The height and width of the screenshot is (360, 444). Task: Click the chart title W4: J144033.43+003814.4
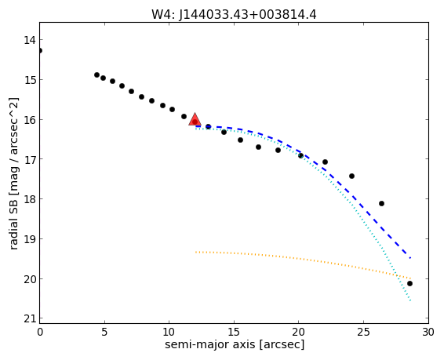(x=234, y=15)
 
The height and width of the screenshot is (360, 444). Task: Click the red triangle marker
(x=195, y=119)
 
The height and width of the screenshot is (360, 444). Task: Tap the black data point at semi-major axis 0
(x=40, y=51)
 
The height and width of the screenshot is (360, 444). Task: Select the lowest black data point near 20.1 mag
(x=409, y=284)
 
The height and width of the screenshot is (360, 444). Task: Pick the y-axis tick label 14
(x=30, y=40)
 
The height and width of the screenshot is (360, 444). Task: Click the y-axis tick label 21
(x=30, y=319)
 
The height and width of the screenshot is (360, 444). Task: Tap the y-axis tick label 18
(x=30, y=199)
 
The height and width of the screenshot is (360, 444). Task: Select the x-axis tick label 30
(x=428, y=333)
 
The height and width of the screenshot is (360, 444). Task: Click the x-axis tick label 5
(x=104, y=333)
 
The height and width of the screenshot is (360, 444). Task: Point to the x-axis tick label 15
(x=234, y=333)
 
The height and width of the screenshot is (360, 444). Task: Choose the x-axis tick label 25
(x=363, y=333)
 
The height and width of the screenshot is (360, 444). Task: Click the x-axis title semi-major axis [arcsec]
(x=235, y=345)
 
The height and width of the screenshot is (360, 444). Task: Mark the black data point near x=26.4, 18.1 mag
(x=381, y=203)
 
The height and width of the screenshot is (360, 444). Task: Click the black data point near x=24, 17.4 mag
(x=351, y=176)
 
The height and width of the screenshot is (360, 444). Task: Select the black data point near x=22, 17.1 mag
(x=325, y=162)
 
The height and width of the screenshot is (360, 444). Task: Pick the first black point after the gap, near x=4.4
(x=96, y=75)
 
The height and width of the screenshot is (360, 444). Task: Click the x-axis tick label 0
(x=40, y=333)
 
